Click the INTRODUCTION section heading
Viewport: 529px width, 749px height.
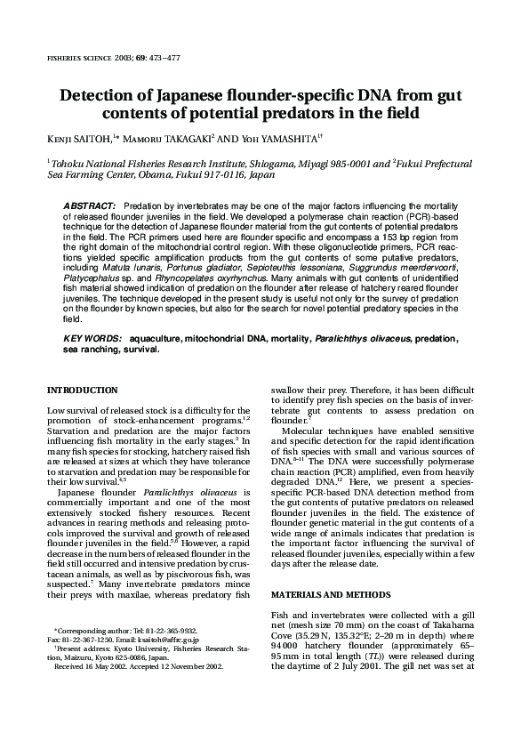tap(82, 390)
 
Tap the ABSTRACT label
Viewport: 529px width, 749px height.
tap(91, 205)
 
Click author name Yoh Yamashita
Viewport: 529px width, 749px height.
tap(277, 138)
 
